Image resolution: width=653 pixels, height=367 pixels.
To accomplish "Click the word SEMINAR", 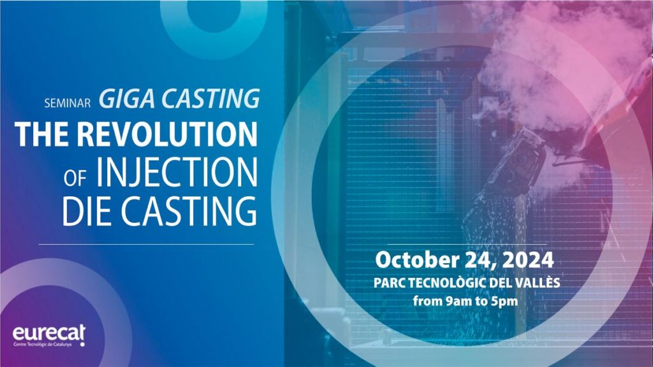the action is point(68,103).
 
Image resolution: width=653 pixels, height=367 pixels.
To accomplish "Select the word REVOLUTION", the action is point(167,134).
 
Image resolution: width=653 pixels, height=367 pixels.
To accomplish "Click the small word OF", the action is point(75,178).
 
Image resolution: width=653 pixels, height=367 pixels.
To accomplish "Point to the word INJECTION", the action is point(177,172).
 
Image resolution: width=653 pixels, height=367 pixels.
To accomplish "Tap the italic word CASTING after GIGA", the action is point(210,99).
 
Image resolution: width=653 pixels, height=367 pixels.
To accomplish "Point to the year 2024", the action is point(528,260).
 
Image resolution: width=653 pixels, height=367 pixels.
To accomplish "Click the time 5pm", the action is point(504,301).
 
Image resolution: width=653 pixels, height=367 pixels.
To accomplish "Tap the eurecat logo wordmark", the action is point(48,333).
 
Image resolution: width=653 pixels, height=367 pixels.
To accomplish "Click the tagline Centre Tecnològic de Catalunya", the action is point(43,345).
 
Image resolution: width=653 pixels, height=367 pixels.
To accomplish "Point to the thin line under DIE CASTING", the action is point(146,244).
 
